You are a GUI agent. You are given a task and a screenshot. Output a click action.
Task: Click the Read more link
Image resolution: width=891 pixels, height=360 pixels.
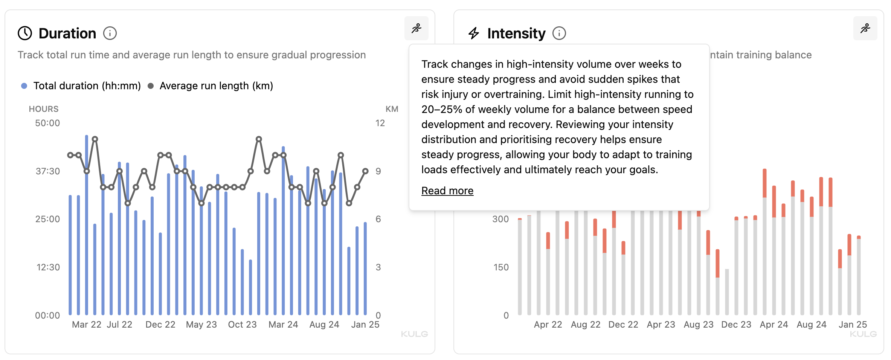click(x=447, y=191)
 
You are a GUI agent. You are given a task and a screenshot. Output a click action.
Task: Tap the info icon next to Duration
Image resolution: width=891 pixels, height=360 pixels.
click(x=110, y=34)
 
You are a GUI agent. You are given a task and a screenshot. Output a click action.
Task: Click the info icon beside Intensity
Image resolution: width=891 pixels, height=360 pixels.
click(x=559, y=34)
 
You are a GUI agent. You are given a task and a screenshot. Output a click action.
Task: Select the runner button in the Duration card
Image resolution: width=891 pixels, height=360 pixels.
click(x=416, y=29)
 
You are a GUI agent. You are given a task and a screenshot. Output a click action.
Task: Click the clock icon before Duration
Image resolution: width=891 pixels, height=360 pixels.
click(x=25, y=34)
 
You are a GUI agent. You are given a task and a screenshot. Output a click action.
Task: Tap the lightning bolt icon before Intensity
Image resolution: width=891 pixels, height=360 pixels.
click(x=474, y=34)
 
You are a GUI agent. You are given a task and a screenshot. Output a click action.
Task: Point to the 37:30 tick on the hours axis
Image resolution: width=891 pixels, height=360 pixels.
click(x=48, y=171)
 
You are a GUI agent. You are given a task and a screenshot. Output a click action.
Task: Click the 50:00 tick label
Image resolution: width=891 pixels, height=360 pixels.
click(x=47, y=123)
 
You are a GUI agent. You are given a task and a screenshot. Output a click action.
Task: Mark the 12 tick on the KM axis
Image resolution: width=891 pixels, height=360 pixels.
click(x=380, y=123)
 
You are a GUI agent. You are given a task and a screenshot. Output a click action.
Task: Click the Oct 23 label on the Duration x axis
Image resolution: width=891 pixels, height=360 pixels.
click(x=242, y=325)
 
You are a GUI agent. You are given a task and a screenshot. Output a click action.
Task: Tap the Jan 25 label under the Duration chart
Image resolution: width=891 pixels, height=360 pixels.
click(x=365, y=325)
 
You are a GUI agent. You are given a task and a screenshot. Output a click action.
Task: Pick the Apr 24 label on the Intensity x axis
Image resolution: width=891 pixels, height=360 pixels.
click(x=774, y=325)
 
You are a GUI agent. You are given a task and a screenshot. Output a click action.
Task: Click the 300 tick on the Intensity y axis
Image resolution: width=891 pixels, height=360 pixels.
click(x=500, y=219)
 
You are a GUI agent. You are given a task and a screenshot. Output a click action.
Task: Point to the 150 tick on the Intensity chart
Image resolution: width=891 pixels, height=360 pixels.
click(x=501, y=267)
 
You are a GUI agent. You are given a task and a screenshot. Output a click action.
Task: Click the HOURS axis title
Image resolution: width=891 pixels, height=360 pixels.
click(x=44, y=109)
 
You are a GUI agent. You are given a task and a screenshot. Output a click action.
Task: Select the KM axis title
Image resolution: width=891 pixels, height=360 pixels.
click(x=392, y=109)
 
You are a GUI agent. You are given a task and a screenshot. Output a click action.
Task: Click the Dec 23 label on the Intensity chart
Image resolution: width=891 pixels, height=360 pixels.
click(x=736, y=325)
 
